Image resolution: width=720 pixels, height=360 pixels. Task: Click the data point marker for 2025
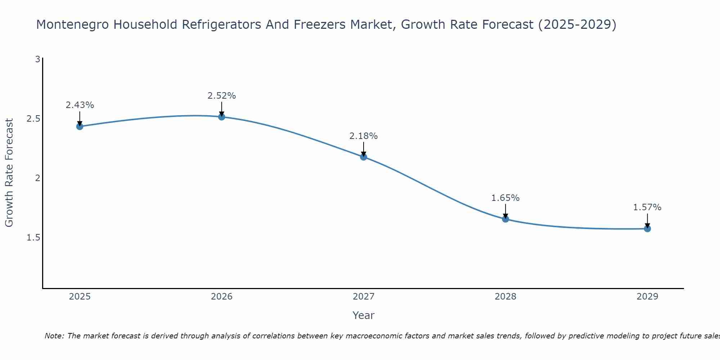point(80,126)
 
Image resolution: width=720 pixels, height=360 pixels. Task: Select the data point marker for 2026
point(222,117)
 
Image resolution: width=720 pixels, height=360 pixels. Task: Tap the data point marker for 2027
point(364,157)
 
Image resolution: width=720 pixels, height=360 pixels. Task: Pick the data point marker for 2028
point(505,219)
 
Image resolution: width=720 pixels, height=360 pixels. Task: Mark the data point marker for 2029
point(647,229)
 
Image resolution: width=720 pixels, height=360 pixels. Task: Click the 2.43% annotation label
point(80,105)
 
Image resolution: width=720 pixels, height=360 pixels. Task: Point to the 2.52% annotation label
point(222,96)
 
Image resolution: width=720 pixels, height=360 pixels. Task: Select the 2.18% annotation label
point(364,136)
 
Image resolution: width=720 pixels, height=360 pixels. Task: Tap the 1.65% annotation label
point(505,198)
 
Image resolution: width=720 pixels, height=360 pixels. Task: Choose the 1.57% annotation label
point(647,207)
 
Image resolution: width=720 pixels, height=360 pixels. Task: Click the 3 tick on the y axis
point(37,59)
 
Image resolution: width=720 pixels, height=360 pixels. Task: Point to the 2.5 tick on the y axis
point(33,119)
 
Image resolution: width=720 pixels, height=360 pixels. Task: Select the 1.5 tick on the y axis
point(33,238)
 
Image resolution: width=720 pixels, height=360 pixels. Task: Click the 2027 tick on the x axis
point(364,297)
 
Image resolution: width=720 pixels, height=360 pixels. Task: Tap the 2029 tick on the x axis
point(647,297)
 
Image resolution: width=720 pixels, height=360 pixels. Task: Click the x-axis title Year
point(364,315)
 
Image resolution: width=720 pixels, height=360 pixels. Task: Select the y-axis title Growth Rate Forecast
point(9,173)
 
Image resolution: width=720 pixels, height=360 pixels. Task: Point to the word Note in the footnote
point(54,336)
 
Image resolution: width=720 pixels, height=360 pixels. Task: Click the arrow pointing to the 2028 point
point(505,211)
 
